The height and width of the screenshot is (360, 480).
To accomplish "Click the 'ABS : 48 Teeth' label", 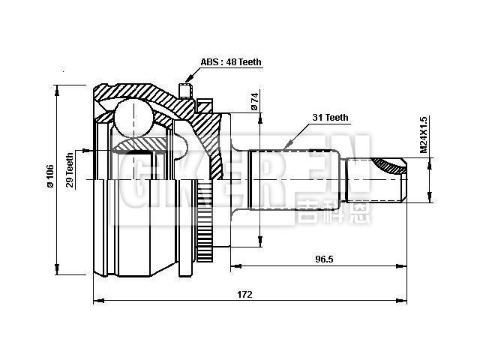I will (231, 62).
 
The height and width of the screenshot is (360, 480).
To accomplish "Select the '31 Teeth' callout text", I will (331, 118).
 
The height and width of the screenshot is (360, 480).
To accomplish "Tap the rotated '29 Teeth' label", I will (70, 169).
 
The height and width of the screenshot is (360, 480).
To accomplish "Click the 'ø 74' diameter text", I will (254, 102).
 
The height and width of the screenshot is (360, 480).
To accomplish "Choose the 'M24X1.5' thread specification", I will (424, 135).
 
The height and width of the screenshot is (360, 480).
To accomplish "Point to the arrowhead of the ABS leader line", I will (185, 79).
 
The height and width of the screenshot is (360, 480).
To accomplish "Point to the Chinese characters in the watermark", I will (324, 212).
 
